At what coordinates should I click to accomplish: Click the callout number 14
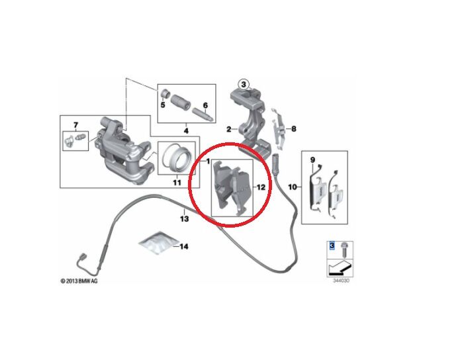click(184, 246)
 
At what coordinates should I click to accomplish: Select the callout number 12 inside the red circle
click(261, 187)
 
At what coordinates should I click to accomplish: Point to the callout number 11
click(177, 182)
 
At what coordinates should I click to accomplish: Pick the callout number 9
click(312, 159)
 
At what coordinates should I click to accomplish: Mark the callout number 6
click(205, 105)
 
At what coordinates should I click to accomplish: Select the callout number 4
click(186, 132)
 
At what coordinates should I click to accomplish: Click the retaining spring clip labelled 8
click(281, 130)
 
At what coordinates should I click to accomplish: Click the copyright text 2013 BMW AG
click(80, 281)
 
